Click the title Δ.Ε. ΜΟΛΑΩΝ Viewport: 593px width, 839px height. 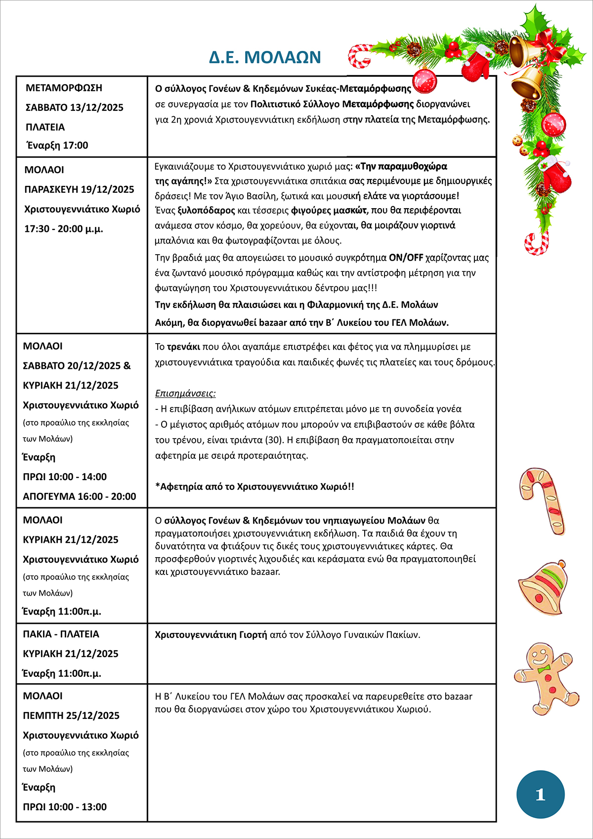265,57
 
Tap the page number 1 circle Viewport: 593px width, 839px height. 540,795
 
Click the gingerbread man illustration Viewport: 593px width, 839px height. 546,678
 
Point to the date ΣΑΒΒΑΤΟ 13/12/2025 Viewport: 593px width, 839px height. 74,108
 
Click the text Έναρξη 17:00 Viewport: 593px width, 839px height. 57,145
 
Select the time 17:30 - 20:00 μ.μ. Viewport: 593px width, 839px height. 64,229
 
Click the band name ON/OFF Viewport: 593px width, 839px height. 406,258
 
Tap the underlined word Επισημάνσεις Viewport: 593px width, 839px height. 185,394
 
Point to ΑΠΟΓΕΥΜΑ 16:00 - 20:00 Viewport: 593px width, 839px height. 79,496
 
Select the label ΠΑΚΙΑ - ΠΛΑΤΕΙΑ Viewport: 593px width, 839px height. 61,634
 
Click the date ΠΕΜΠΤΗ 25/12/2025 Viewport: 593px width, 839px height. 71,715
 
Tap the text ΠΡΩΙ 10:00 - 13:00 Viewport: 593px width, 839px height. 65,807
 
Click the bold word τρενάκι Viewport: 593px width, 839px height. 183,347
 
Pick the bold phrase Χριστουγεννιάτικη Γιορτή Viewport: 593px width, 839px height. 211,635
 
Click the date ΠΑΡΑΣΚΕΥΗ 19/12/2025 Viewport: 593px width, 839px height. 79,189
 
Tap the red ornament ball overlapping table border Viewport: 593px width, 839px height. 424,81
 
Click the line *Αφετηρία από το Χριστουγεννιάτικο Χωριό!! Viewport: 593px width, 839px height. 254,486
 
